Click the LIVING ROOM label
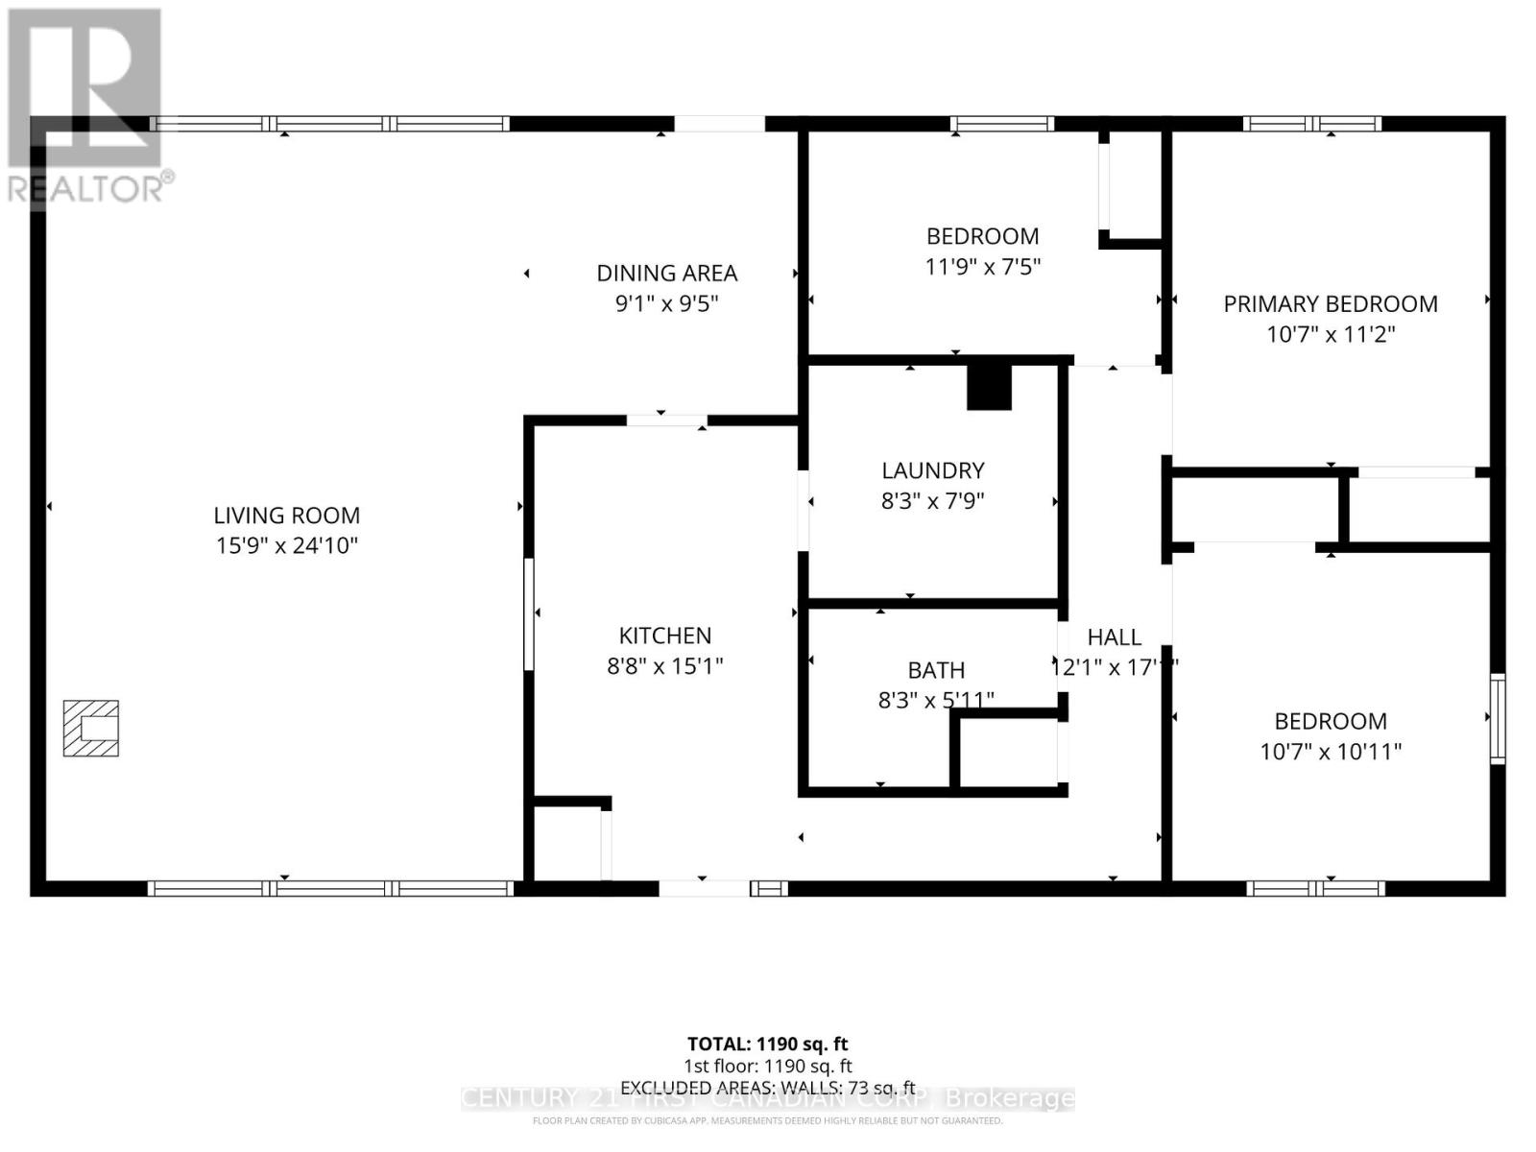[x=286, y=516]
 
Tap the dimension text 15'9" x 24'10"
[x=286, y=545]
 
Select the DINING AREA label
[x=666, y=274]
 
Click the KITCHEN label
[x=664, y=636]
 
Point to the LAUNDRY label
[x=932, y=470]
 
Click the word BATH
[x=936, y=670]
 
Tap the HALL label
[x=1114, y=637]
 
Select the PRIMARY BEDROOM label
[x=1330, y=304]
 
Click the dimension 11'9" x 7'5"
[x=982, y=266]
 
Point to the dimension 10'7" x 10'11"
[x=1330, y=752]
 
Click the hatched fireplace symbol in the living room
[x=91, y=729]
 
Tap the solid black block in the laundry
[x=989, y=387]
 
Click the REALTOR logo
[x=86, y=106]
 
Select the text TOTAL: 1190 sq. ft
[x=767, y=1044]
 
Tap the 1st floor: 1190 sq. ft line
[x=767, y=1066]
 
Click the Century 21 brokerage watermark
[x=767, y=1099]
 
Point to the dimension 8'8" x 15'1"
[x=664, y=665]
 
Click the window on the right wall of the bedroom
[x=1497, y=719]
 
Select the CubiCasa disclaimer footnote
[x=767, y=1120]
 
